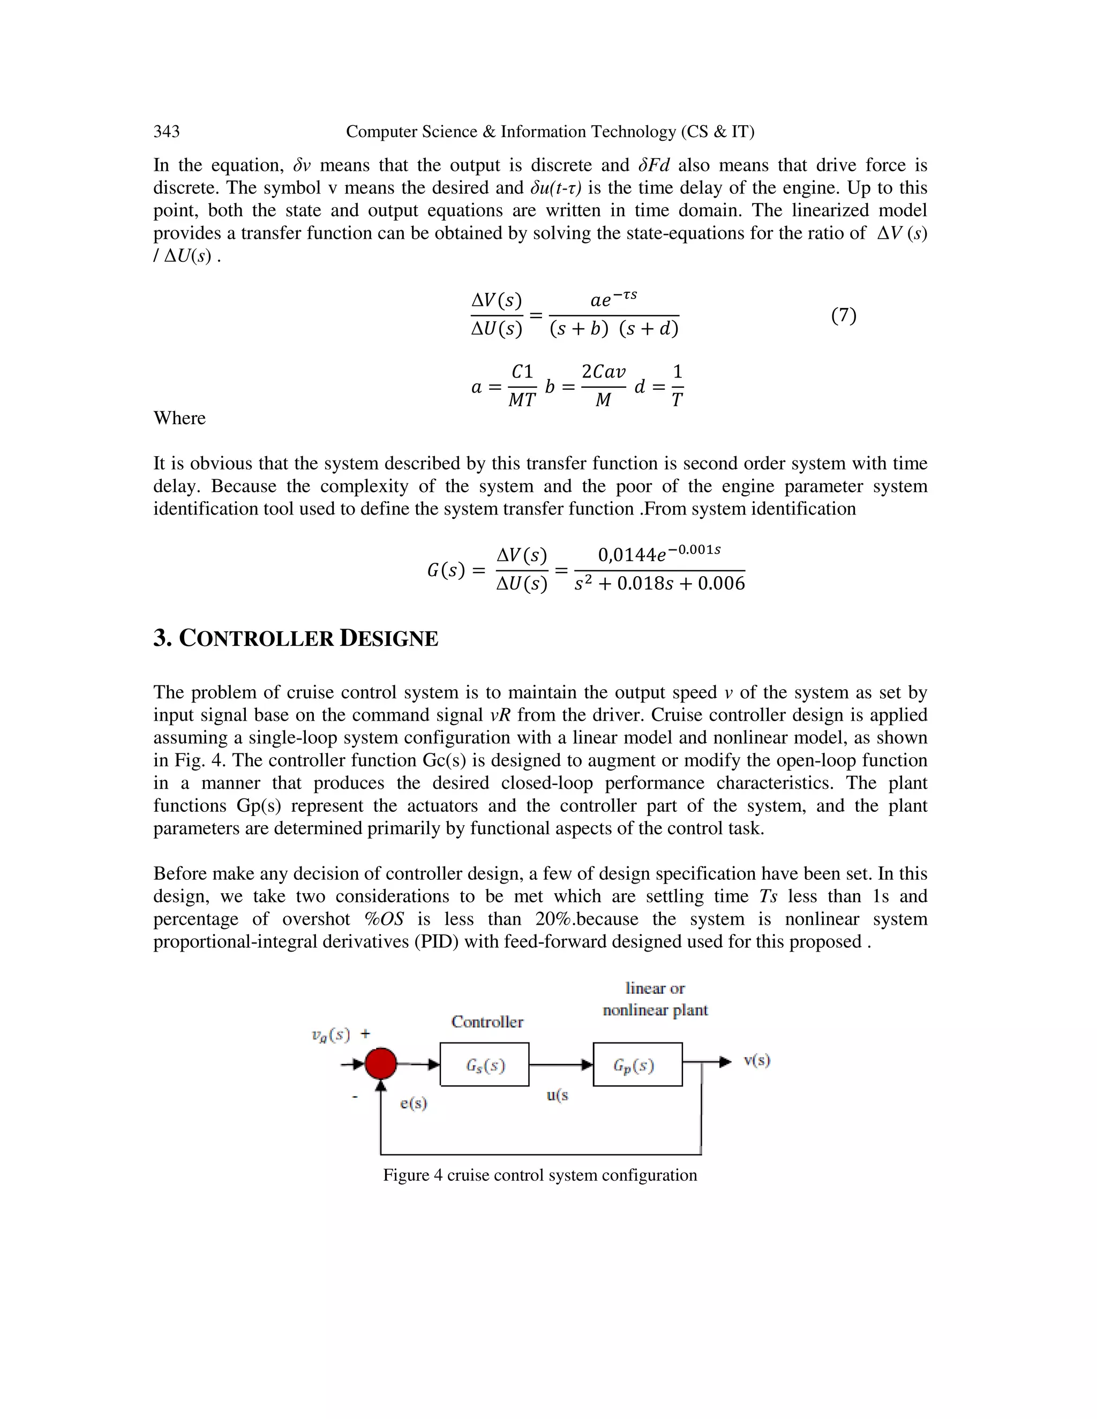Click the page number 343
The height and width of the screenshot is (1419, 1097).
[167, 132]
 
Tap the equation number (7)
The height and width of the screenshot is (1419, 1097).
[844, 316]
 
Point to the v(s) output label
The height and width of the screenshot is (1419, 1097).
[757, 1060]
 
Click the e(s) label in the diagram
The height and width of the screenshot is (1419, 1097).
[414, 1103]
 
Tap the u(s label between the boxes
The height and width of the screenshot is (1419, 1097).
[557, 1096]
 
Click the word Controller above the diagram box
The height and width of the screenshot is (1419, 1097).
[487, 1022]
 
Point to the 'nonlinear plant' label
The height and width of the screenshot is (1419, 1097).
[655, 1010]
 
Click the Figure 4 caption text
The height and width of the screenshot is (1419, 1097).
[539, 1175]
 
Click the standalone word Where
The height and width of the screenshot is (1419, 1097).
[179, 418]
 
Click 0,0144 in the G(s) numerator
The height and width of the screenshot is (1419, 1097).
[627, 555]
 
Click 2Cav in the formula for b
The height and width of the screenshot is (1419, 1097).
[603, 372]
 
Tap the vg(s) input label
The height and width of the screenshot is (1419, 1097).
[331, 1035]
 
